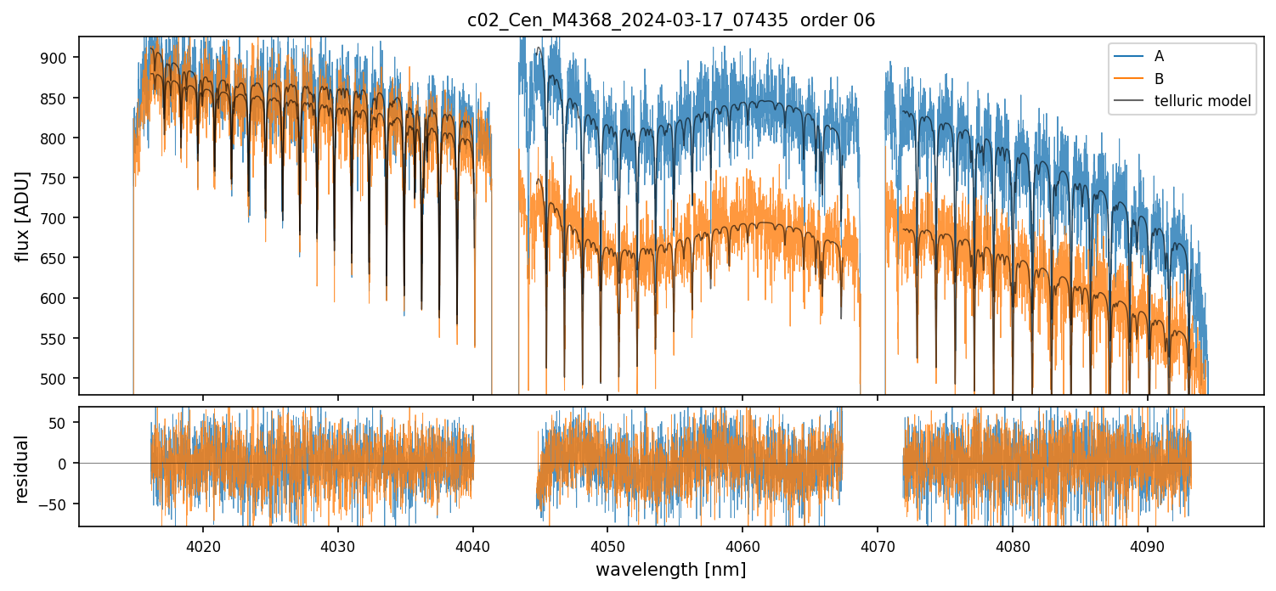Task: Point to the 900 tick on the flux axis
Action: click(61, 58)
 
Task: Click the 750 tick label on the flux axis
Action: click(61, 178)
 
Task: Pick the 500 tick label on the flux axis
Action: click(61, 379)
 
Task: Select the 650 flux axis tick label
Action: click(61, 258)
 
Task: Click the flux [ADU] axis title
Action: click(22, 216)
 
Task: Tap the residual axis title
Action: click(22, 469)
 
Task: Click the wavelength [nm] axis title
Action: click(670, 570)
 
